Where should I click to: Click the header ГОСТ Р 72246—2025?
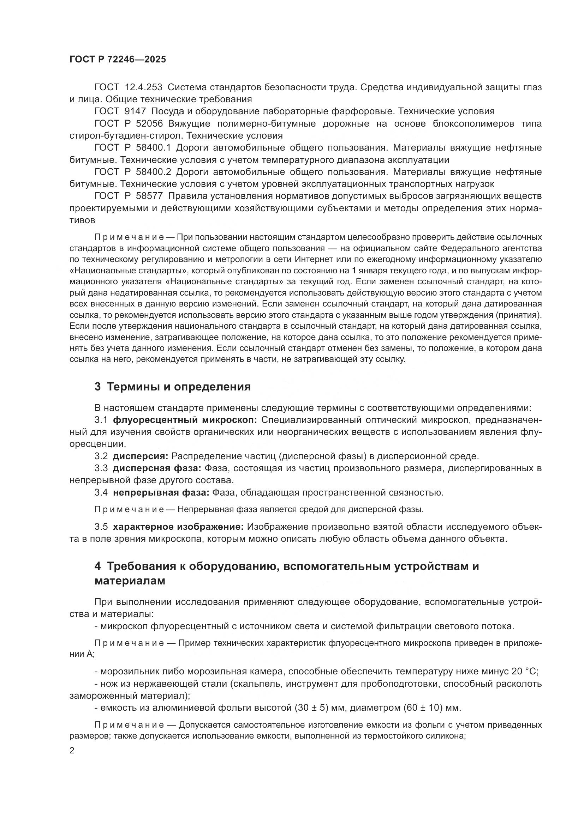point(118,60)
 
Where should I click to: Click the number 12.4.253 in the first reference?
point(143,87)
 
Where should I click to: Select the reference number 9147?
point(135,111)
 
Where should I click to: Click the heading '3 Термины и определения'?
point(172,387)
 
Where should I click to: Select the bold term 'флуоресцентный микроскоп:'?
point(185,420)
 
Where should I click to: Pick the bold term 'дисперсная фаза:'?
point(157,468)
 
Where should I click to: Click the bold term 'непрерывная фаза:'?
point(161,492)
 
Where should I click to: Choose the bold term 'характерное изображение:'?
point(178,527)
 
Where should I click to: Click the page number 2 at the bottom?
point(72,751)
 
